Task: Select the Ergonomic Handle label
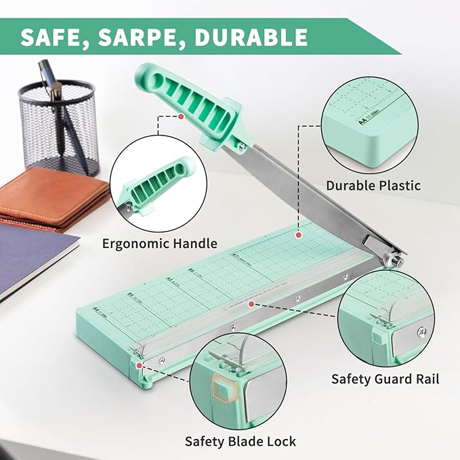tap(160, 243)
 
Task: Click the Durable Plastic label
tap(373, 185)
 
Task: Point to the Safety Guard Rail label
tap(385, 379)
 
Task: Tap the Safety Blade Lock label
tap(241, 441)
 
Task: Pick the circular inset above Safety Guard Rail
tap(385, 318)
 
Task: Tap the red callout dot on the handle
tap(182, 116)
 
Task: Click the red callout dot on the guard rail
tap(251, 304)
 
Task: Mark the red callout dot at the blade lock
tap(140, 365)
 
